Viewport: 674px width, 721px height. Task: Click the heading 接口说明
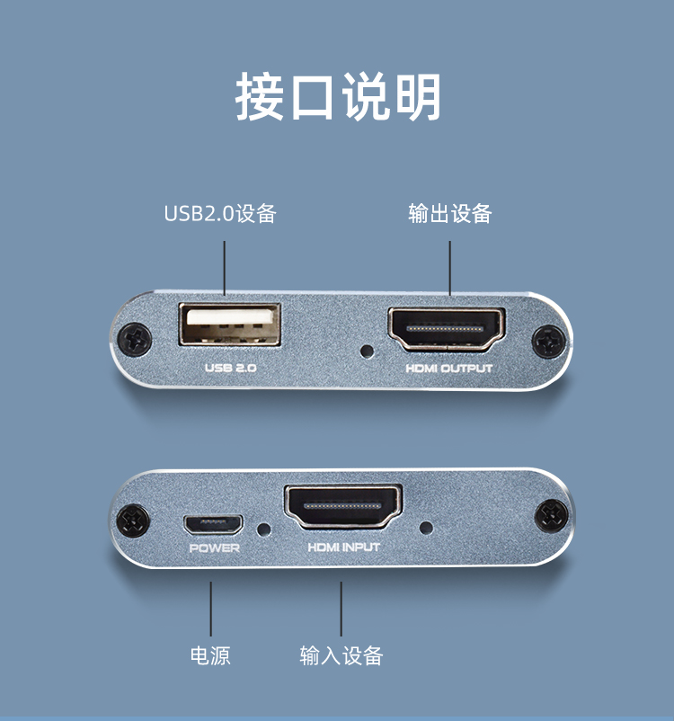pyautogui.click(x=338, y=97)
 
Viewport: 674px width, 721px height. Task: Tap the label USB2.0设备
pyautogui.click(x=220, y=213)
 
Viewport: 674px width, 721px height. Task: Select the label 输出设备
pyautogui.click(x=450, y=213)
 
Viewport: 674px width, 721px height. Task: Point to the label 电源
pyautogui.click(x=210, y=655)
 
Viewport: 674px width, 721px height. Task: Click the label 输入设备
pyautogui.click(x=341, y=655)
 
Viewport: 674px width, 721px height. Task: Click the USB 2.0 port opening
pyautogui.click(x=229, y=325)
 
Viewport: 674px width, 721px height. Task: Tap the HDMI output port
pyautogui.click(x=447, y=328)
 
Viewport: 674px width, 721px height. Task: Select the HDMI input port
pyautogui.click(x=343, y=506)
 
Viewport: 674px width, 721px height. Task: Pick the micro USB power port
pyautogui.click(x=213, y=525)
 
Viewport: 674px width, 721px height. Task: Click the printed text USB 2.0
pyautogui.click(x=230, y=368)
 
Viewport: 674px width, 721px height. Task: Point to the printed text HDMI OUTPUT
pyautogui.click(x=448, y=369)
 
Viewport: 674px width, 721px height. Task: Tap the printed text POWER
pyautogui.click(x=214, y=548)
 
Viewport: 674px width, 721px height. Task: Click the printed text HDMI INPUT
pyautogui.click(x=343, y=547)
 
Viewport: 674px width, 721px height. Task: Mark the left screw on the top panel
pyautogui.click(x=134, y=339)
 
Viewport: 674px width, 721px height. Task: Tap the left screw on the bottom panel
pyautogui.click(x=133, y=521)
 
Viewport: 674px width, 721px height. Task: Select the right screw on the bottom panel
pyautogui.click(x=552, y=515)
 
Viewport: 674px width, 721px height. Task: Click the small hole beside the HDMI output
pyautogui.click(x=367, y=352)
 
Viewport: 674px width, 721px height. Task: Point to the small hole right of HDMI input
pyautogui.click(x=426, y=528)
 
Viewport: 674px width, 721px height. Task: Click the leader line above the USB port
pyautogui.click(x=225, y=268)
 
